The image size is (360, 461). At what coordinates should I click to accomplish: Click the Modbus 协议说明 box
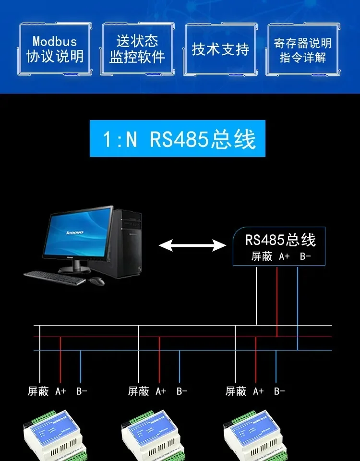click(x=55, y=49)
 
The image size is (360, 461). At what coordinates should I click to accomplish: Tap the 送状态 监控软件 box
click(x=137, y=49)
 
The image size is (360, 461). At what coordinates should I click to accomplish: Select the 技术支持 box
click(x=220, y=49)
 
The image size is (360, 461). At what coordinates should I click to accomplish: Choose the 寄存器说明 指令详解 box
click(x=303, y=49)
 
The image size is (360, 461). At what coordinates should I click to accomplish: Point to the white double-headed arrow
click(x=192, y=246)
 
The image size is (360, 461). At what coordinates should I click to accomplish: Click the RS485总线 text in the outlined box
click(x=280, y=240)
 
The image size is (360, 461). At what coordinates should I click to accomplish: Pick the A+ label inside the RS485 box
click(x=285, y=256)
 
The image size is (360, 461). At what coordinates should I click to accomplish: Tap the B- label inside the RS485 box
click(x=305, y=256)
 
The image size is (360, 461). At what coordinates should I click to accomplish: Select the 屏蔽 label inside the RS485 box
click(x=262, y=256)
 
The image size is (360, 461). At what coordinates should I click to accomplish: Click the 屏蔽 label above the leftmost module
click(x=38, y=391)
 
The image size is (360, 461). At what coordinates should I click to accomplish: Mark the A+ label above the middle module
click(x=161, y=391)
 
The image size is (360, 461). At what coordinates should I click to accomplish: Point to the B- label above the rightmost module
click(x=279, y=391)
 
